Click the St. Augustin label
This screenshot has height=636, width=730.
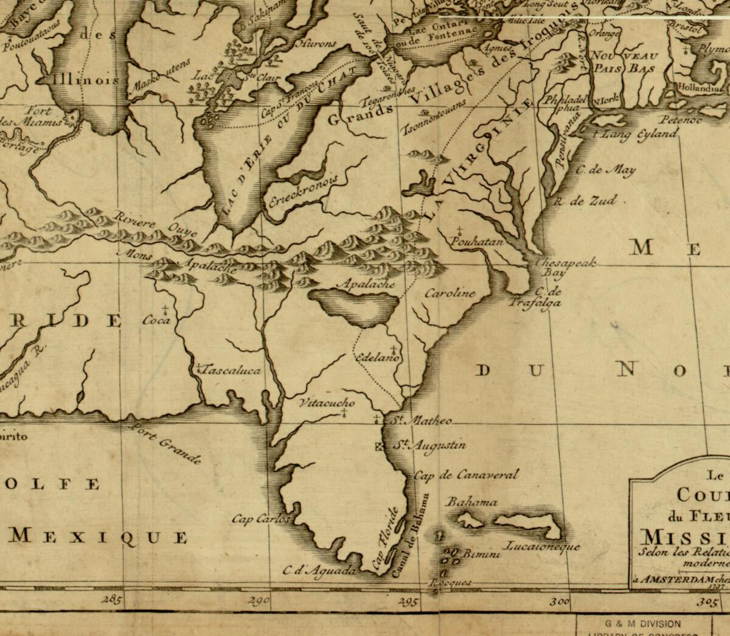click(x=429, y=446)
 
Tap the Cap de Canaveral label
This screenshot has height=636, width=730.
click(x=466, y=475)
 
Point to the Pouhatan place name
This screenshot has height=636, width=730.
click(x=478, y=242)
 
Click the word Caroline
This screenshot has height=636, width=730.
click(x=450, y=293)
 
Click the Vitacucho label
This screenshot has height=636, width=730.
click(x=327, y=403)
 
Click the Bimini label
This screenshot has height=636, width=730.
click(x=481, y=554)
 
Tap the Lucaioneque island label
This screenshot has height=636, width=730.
click(x=543, y=546)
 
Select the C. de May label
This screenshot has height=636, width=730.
click(x=605, y=170)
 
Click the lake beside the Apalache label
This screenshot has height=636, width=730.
click(x=353, y=307)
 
